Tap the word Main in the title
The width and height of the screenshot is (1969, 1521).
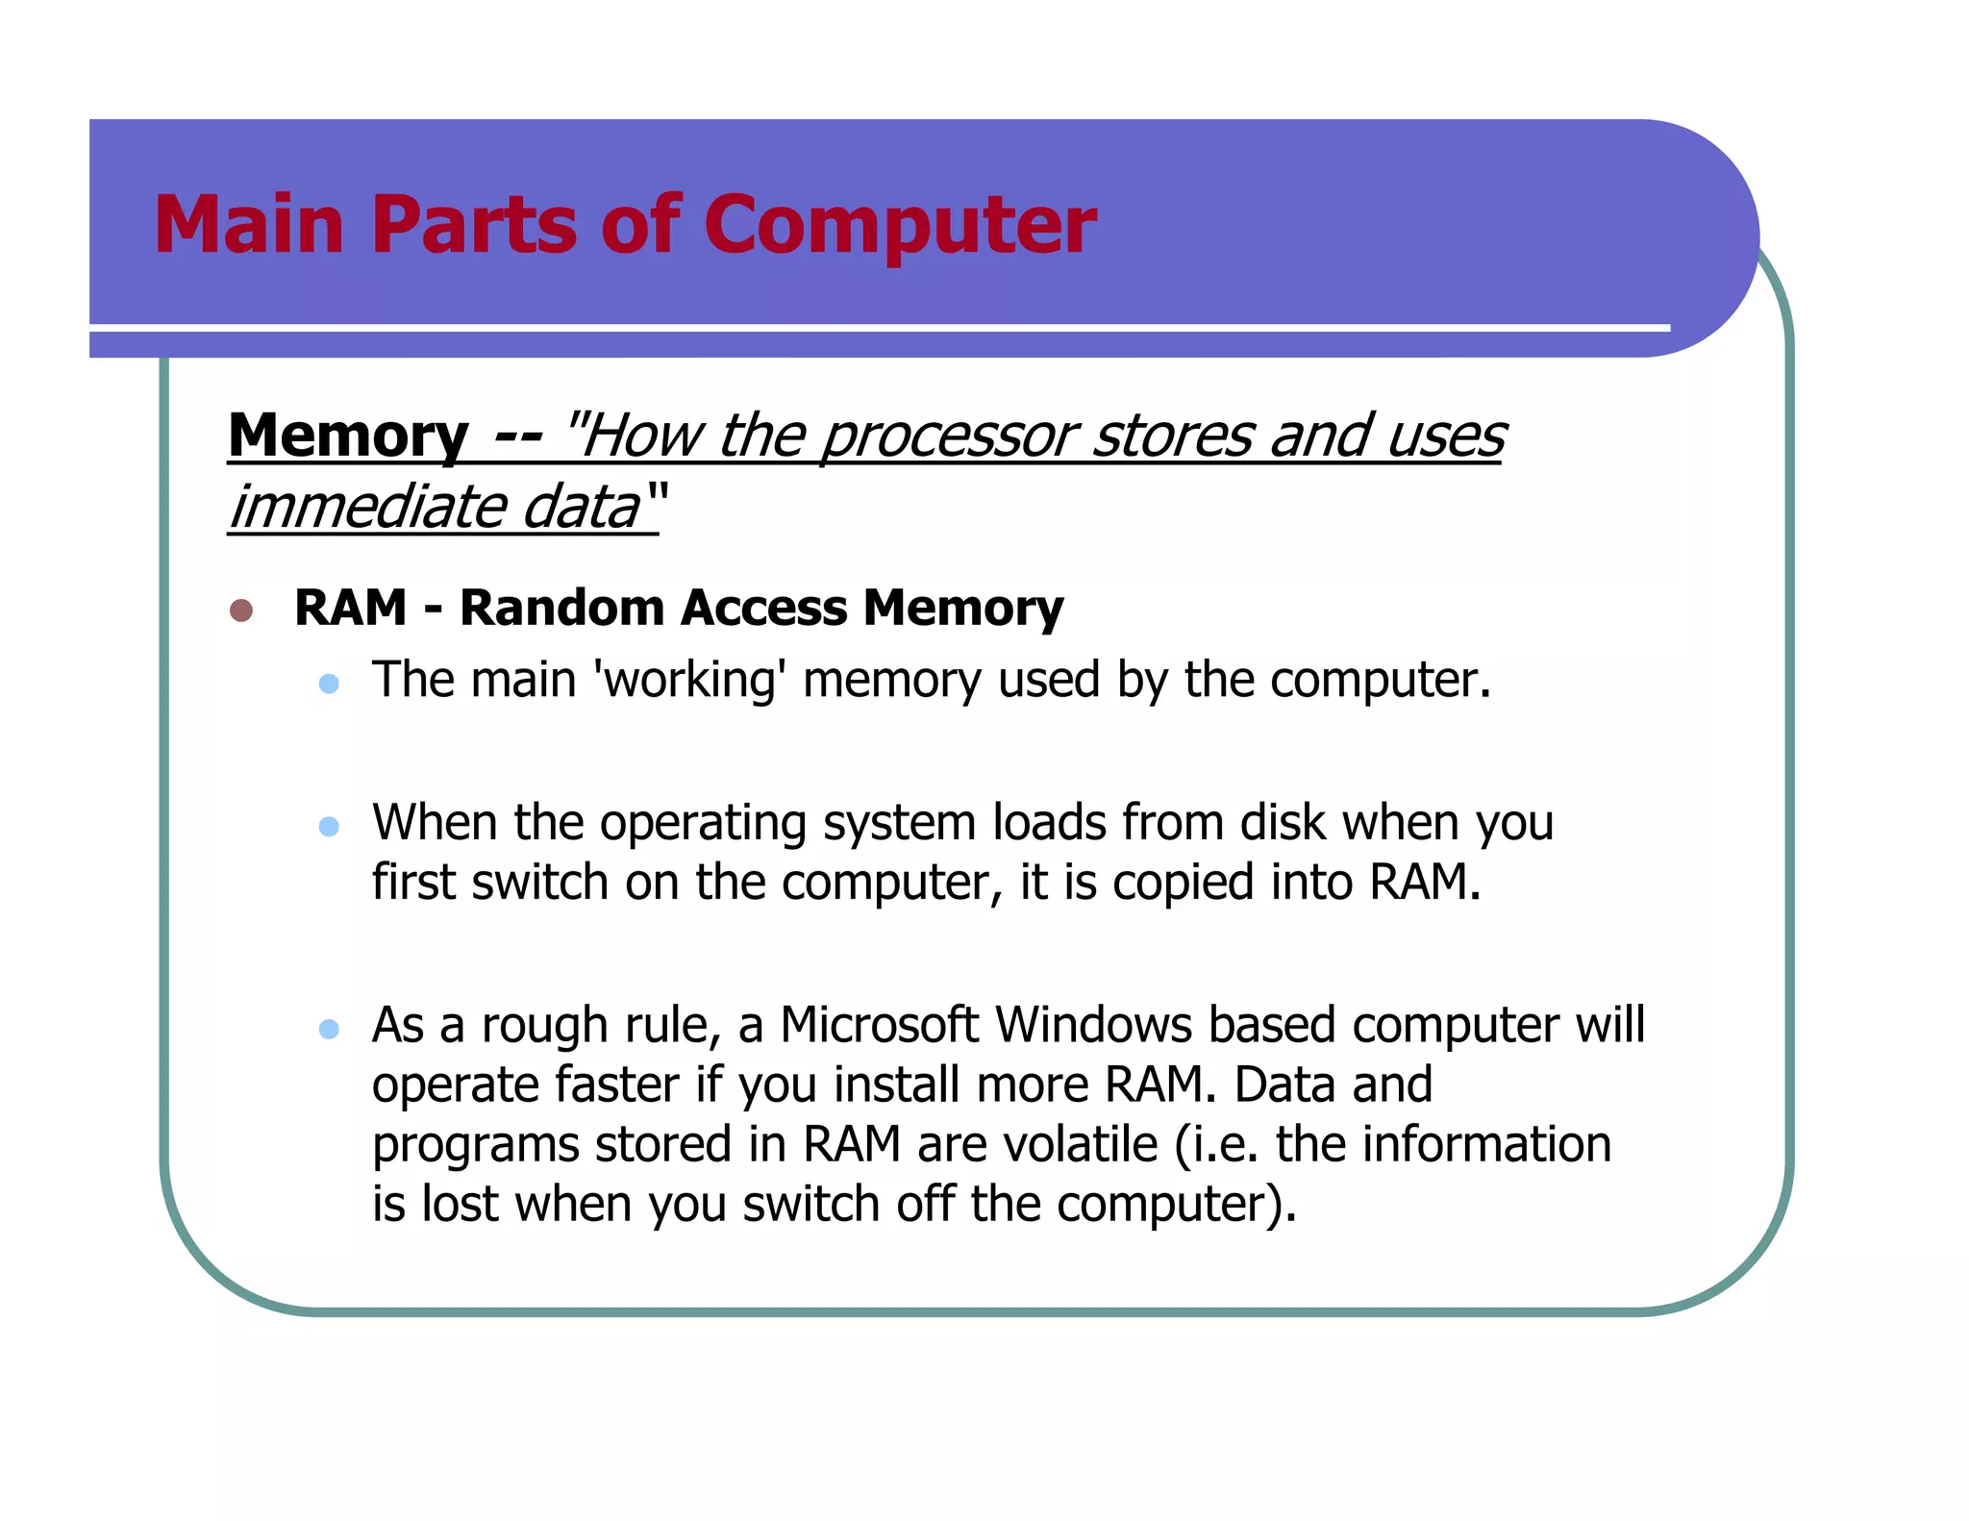(x=249, y=225)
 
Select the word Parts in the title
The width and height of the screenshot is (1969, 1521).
(x=473, y=225)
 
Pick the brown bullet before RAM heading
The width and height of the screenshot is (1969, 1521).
(x=241, y=611)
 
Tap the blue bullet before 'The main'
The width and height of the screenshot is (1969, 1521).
(x=329, y=684)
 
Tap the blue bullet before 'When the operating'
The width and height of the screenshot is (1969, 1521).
(x=329, y=827)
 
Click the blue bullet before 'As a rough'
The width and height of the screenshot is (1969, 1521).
(x=329, y=1030)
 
